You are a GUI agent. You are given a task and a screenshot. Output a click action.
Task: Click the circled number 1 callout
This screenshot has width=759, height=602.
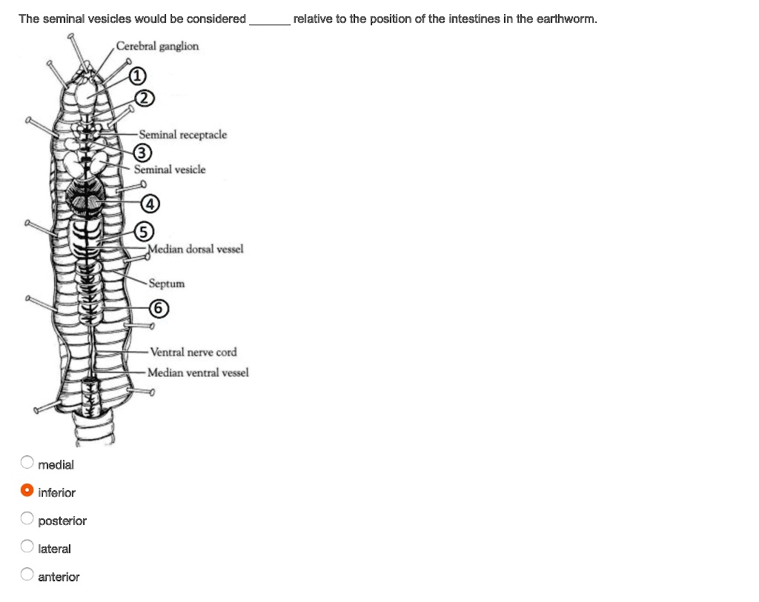coord(138,75)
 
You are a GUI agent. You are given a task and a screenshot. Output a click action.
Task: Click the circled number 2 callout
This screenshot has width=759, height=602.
coord(145,98)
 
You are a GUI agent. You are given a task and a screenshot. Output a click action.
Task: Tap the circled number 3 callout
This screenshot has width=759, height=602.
coord(142,153)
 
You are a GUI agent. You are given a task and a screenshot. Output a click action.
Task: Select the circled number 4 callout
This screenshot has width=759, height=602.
coord(150,202)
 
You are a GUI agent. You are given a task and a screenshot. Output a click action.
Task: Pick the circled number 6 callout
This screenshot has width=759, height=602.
coord(158,307)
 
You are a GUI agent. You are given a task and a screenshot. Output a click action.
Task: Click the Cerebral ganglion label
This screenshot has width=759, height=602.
coord(157,47)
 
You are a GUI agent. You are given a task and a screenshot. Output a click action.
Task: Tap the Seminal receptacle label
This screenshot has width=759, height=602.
coord(182,135)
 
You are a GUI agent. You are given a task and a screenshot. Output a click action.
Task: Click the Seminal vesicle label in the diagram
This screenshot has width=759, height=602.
coord(170,170)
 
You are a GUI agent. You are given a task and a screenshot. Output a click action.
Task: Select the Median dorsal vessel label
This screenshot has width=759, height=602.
coord(196,249)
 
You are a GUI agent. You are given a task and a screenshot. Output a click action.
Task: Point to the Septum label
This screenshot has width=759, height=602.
coord(167,284)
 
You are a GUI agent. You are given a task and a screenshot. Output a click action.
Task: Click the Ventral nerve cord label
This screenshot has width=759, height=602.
coord(193,352)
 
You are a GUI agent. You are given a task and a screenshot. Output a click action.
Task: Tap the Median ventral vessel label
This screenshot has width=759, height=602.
coord(198,372)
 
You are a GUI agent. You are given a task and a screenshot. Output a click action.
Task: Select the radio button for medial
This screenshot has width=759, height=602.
coord(27,463)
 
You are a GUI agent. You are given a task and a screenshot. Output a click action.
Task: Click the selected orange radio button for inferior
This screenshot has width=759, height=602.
coord(27,491)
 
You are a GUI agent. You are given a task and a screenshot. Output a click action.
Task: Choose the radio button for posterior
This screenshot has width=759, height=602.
coord(27,519)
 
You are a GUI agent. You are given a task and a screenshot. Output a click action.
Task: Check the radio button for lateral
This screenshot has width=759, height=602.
coord(27,547)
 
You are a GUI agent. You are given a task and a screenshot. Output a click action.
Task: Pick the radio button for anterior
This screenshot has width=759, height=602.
coord(27,575)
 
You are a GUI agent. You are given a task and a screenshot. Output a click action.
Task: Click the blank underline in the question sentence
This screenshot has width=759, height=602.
coord(270,20)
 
